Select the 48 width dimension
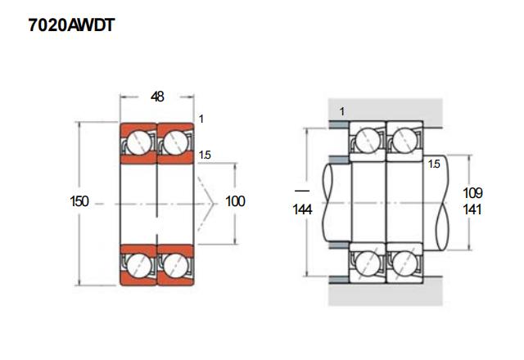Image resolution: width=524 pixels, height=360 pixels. [x=158, y=97]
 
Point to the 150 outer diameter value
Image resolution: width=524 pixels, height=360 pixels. [x=79, y=201]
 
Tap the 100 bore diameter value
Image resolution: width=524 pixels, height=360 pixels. [x=235, y=201]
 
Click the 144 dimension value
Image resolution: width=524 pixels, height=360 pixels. [x=302, y=209]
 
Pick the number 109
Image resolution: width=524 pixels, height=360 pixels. [x=472, y=193]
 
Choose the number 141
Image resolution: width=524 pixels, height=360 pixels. [x=472, y=209]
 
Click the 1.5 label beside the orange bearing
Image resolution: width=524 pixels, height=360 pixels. [x=205, y=155]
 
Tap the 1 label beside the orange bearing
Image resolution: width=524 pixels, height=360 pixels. [x=201, y=119]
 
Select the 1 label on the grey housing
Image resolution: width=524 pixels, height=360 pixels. [x=341, y=110]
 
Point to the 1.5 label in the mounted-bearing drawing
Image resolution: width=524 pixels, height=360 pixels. [x=435, y=164]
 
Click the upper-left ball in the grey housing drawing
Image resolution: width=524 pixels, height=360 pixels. [x=368, y=139]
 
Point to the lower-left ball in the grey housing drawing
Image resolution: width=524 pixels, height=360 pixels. [x=368, y=264]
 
